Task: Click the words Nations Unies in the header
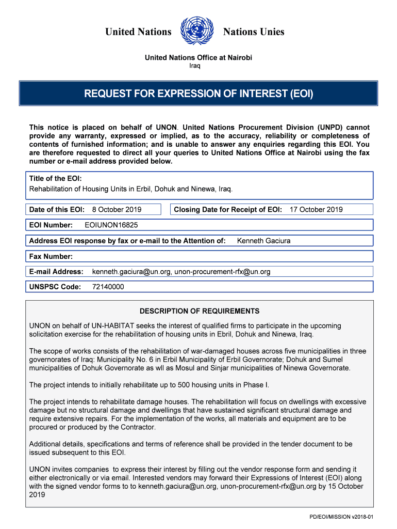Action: tap(254, 32)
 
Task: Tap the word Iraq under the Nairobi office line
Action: tap(194, 66)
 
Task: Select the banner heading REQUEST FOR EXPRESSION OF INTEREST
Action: tap(198, 94)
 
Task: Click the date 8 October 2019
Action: tap(117, 210)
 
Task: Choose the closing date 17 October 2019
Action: tap(316, 210)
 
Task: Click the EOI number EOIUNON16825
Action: tap(111, 225)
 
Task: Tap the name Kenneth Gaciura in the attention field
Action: tap(263, 241)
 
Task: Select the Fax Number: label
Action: tap(51, 256)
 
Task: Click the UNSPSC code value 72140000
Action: tap(108, 287)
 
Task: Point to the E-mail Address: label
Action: tap(56, 272)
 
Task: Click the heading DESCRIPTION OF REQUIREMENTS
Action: tap(200, 312)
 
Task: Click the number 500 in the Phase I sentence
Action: tap(184, 385)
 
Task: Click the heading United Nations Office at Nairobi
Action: tap(198, 57)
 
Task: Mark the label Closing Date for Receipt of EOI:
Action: tap(228, 210)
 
